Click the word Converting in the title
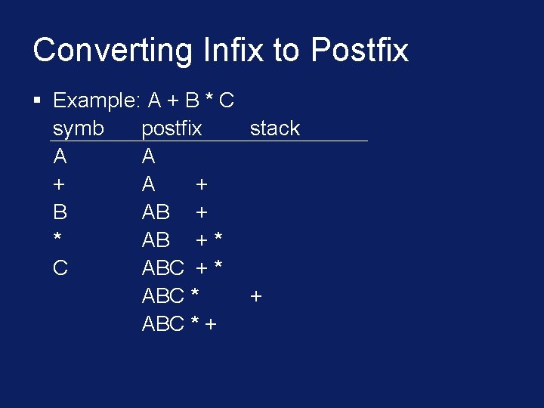[113, 51]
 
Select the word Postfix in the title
[360, 51]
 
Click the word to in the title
[286, 51]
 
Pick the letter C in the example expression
[225, 100]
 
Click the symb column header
[79, 128]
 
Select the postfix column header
[172, 128]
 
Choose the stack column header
[274, 128]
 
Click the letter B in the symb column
[60, 212]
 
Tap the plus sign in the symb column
[59, 185]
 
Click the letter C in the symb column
[60, 268]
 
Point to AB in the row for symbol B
[156, 212]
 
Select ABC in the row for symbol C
[162, 268]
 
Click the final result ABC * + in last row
[179, 324]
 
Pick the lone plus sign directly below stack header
[255, 296]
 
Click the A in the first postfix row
[149, 156]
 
